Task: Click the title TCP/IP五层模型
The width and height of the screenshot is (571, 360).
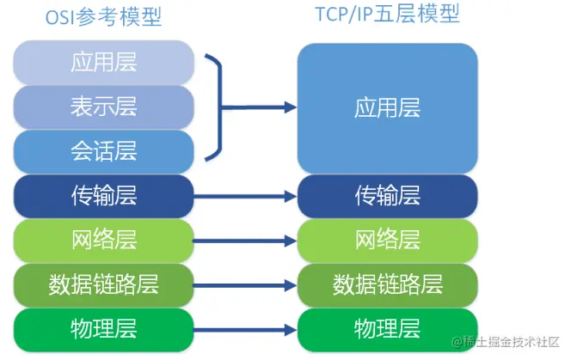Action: pos(387,14)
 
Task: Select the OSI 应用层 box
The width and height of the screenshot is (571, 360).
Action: pos(103,63)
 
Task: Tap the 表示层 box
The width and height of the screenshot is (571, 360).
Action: pos(103,107)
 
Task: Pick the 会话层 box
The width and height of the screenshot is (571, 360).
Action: pos(103,152)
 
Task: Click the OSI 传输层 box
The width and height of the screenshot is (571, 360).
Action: pos(103,197)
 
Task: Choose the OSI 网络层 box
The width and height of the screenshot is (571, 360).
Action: pos(103,240)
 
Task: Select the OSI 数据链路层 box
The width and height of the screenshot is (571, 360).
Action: pos(103,283)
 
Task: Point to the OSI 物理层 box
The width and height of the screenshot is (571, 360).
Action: pos(103,327)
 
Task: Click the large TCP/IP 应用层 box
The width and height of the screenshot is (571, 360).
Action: pos(387,107)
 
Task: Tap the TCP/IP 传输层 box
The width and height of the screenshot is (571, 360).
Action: pos(387,197)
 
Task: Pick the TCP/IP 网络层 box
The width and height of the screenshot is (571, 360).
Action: pos(387,240)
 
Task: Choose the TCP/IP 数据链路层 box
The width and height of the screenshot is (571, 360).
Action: pos(387,283)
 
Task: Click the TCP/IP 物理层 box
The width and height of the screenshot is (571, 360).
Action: pos(387,327)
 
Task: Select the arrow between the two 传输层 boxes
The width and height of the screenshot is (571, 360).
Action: pos(245,197)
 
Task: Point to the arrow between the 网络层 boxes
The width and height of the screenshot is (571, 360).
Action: pos(245,240)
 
